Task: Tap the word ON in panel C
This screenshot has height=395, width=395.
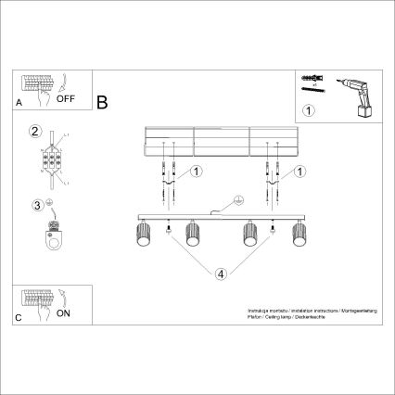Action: coord(64,313)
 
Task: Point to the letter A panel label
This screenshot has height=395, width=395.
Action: coord(19,104)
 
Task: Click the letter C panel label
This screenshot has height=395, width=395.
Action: coord(19,319)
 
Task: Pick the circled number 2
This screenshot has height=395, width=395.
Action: coord(35,131)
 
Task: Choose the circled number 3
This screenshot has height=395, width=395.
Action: coord(36,205)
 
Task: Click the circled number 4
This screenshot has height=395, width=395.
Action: coord(221,274)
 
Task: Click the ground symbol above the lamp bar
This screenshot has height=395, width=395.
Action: coord(237,199)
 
